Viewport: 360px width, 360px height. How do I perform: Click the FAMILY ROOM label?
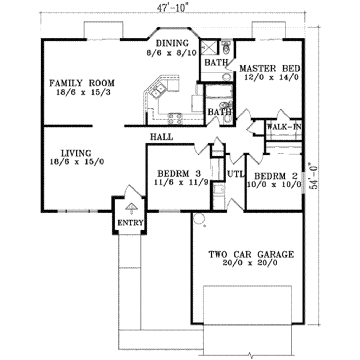click(82, 83)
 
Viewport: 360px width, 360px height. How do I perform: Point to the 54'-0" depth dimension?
click(314, 176)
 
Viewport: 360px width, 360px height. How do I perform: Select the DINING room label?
click(172, 43)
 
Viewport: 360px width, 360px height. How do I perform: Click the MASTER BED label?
click(269, 68)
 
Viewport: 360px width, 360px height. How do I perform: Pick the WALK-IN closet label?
click(284, 126)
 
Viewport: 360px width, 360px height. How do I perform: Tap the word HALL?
click(161, 137)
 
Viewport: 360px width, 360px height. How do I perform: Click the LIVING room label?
click(76, 153)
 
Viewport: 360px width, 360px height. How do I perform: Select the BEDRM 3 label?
click(179, 173)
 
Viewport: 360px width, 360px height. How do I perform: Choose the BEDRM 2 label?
click(276, 175)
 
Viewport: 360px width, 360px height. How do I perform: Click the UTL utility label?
click(236, 174)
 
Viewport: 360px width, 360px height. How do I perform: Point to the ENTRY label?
click(130, 223)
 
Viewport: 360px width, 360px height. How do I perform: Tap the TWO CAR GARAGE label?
click(251, 254)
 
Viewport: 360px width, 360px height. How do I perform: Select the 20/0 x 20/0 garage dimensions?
click(251, 263)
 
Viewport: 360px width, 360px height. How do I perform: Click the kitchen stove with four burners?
click(175, 118)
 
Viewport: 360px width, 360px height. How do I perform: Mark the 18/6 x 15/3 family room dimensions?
click(82, 92)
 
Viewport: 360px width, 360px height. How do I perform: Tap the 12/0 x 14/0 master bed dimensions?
click(269, 77)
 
